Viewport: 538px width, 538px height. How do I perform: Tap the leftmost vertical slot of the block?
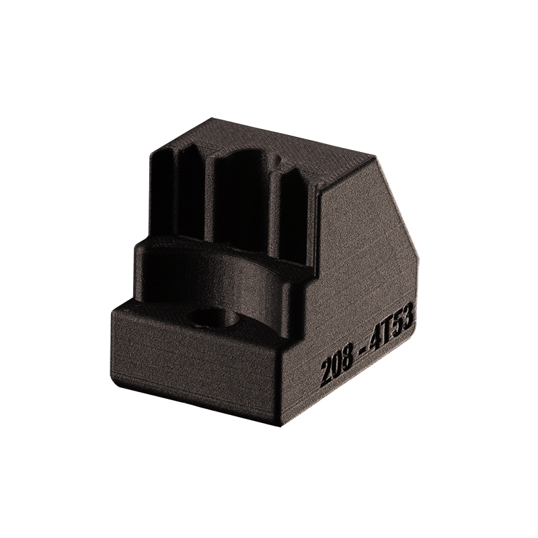[162, 194]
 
